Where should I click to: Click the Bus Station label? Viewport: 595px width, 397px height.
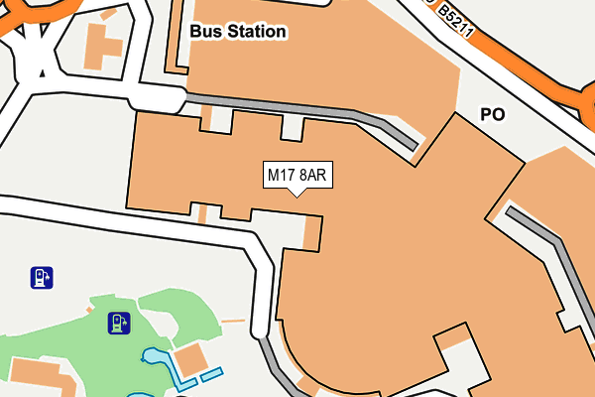[x=238, y=32]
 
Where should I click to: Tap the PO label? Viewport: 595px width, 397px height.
[x=493, y=115]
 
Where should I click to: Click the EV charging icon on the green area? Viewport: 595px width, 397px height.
[x=119, y=323]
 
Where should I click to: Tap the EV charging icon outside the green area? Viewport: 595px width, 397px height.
[x=41, y=277]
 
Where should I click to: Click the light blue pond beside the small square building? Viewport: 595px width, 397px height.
[x=159, y=359]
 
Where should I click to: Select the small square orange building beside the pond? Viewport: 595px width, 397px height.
[x=189, y=359]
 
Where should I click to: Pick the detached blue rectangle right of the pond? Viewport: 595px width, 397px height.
[x=211, y=374]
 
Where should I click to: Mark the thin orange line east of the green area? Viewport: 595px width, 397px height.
[x=233, y=321]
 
